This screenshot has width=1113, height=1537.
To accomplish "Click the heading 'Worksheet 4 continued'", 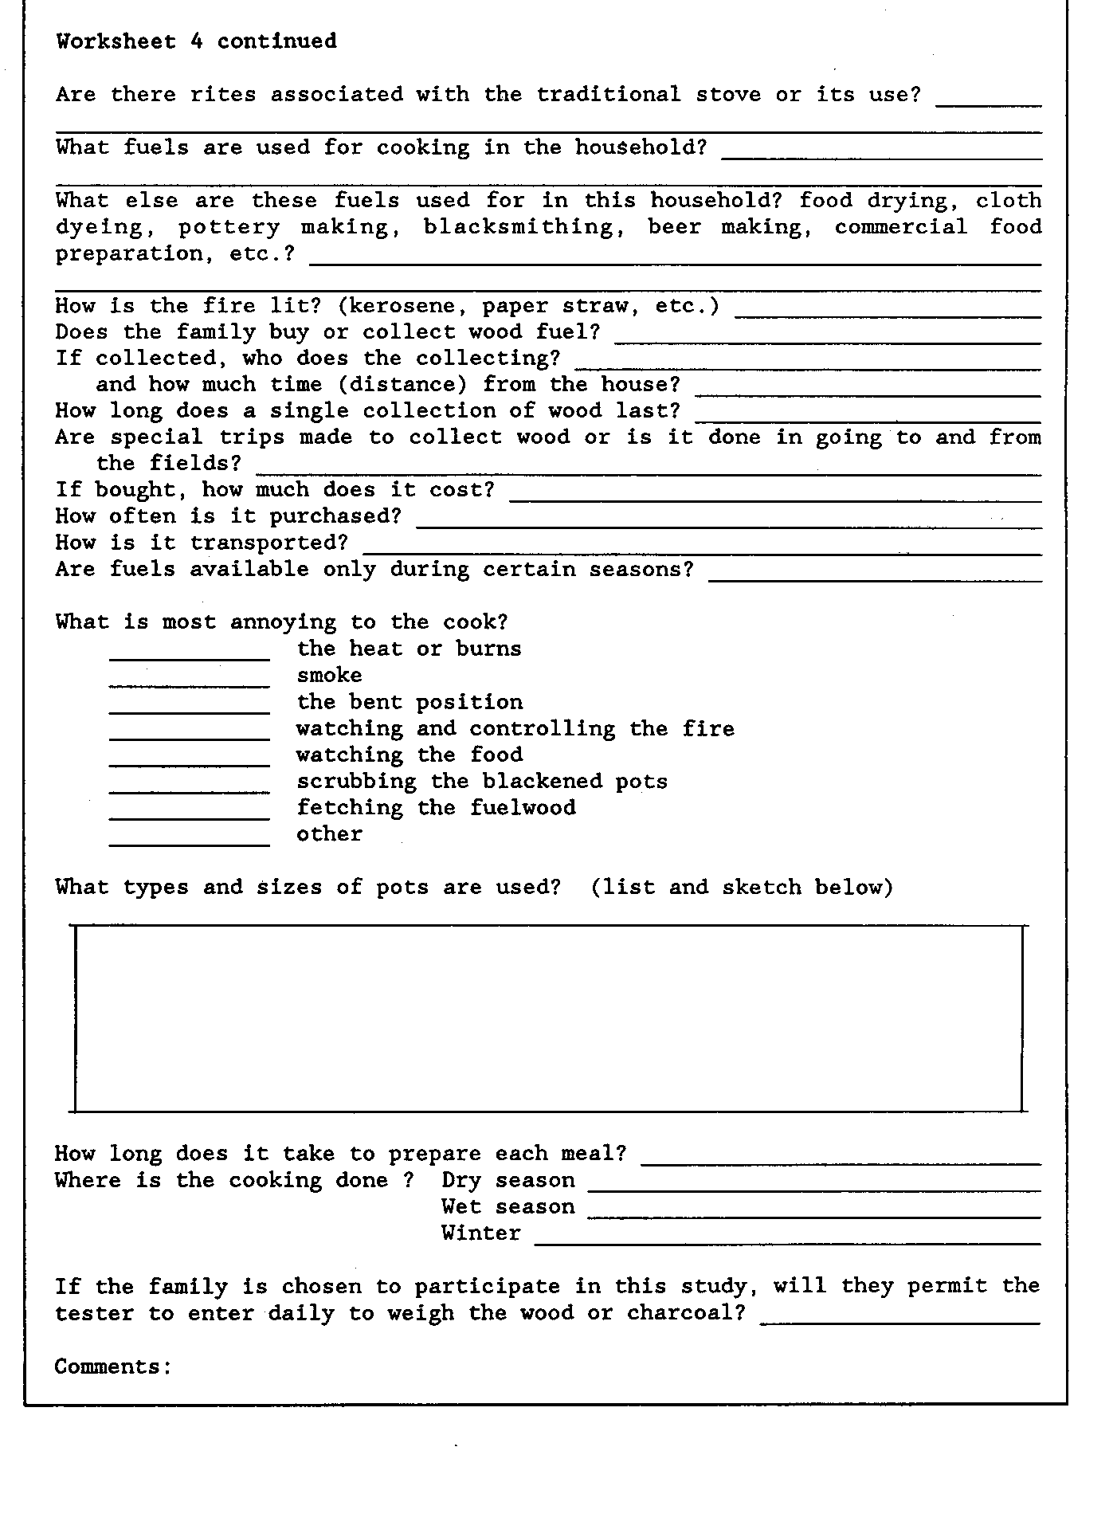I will pyautogui.click(x=196, y=41).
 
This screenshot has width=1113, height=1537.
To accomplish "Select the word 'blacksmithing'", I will pyautogui.click(x=519, y=227).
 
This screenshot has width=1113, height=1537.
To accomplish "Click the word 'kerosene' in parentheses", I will pyautogui.click(x=403, y=307).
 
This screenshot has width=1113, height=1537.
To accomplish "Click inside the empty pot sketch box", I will pyautogui.click(x=548, y=1018).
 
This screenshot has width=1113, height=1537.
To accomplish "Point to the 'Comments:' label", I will pyautogui.click(x=113, y=1367).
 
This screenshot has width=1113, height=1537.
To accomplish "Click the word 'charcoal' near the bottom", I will pyautogui.click(x=686, y=1313).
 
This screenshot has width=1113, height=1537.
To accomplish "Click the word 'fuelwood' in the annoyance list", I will pyautogui.click(x=523, y=808).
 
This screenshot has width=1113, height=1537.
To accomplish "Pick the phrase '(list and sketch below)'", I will pyautogui.click(x=742, y=888).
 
